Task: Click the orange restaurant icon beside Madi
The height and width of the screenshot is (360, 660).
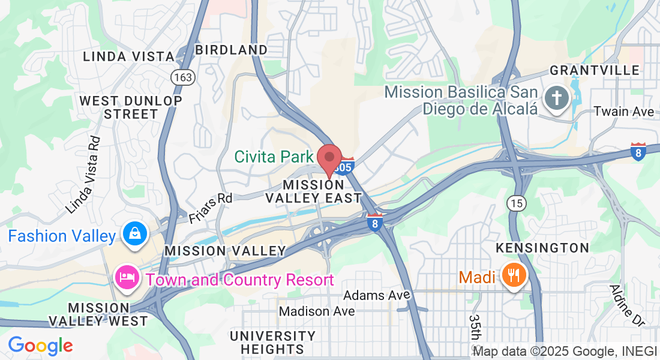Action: (x=513, y=275)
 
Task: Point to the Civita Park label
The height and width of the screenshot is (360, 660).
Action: (x=274, y=157)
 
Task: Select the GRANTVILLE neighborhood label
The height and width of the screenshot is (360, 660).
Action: (x=595, y=70)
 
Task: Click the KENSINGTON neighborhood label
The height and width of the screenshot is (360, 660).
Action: (x=542, y=248)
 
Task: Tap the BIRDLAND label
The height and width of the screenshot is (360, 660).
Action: (x=231, y=50)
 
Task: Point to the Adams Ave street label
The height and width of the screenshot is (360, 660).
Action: (x=377, y=295)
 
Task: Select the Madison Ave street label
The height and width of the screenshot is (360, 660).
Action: (x=317, y=311)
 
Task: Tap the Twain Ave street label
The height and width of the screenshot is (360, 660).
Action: (x=623, y=112)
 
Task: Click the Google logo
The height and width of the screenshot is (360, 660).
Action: (x=40, y=346)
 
